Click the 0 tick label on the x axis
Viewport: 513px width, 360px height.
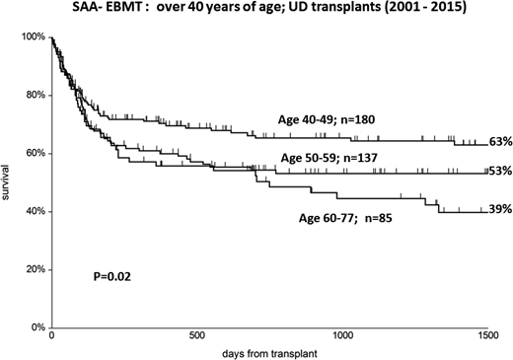(x=51, y=335)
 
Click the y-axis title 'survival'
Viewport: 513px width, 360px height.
(x=9, y=182)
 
